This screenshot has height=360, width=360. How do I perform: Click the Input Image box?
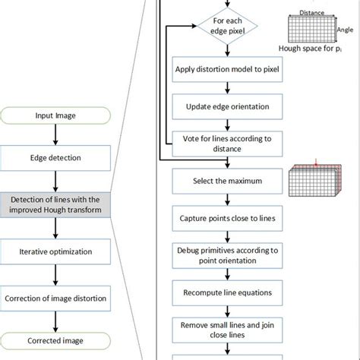[55, 116]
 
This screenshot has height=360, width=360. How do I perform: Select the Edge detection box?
[55, 158]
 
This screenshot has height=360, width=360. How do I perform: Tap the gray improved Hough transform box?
[55, 204]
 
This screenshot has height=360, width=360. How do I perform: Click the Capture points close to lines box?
[221, 219]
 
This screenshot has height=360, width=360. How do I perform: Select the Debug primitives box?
[221, 256]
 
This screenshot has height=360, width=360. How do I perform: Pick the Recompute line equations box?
[221, 292]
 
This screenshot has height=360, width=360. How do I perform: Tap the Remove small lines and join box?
[221, 330]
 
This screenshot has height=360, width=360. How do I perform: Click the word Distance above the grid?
[311, 13]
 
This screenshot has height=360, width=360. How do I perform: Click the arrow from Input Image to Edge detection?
[55, 135]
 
